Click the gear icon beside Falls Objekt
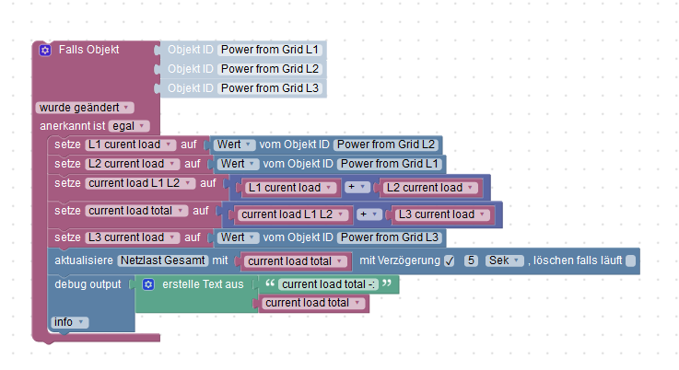(45, 50)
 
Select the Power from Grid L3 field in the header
(270, 88)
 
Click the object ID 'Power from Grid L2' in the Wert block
(385, 145)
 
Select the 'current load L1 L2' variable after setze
(139, 183)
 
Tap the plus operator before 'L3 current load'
(369, 214)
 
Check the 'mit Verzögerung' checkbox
(450, 261)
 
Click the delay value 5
(470, 260)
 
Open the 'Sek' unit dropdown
(504, 260)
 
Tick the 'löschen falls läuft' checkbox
(630, 261)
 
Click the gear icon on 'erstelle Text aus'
(147, 284)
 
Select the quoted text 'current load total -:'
(327, 284)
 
